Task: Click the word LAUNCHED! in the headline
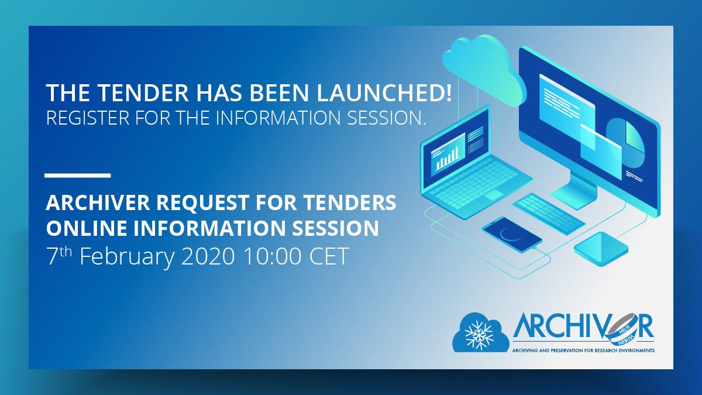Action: [x=384, y=92]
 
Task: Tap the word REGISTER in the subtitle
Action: [x=88, y=118]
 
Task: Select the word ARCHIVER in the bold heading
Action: [x=98, y=202]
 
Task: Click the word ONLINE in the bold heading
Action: [x=87, y=228]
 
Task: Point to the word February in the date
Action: [x=126, y=257]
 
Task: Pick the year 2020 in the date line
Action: [x=208, y=256]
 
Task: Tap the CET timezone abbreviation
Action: [x=329, y=256]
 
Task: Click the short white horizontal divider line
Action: [x=78, y=176]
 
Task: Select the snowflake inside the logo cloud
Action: [x=479, y=335]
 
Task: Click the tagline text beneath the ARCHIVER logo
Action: [x=583, y=350]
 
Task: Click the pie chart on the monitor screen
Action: [x=625, y=143]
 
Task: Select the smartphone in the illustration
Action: [x=512, y=234]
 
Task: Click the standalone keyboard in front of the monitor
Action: [x=549, y=214]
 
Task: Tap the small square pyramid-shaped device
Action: [x=601, y=249]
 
